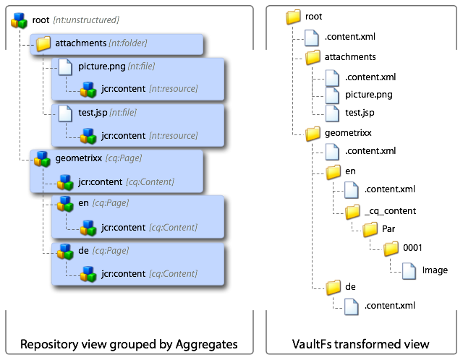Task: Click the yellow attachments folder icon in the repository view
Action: (43, 44)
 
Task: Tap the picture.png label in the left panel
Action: (101, 67)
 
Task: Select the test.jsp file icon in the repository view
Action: (67, 113)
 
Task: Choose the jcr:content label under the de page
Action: (123, 273)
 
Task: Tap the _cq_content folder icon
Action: (352, 211)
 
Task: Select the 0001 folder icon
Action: (391, 249)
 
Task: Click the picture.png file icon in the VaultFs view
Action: (332, 95)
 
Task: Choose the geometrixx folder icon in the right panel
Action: (313, 133)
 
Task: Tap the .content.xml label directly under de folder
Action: (390, 307)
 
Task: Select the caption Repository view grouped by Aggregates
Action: (129, 343)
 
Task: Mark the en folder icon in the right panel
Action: (333, 171)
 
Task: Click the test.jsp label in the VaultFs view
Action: (360, 113)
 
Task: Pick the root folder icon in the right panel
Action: (293, 17)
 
